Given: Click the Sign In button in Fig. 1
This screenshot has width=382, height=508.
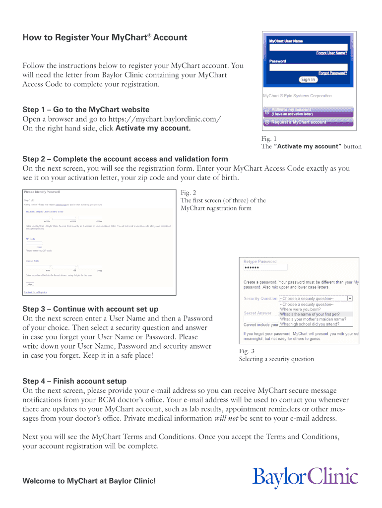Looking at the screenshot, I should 308,79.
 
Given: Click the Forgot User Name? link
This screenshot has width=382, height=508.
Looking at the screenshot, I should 331,53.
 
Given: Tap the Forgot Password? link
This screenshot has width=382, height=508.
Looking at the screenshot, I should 332,73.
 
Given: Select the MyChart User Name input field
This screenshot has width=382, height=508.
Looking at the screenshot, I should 308,48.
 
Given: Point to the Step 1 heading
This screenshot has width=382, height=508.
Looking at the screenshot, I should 86,109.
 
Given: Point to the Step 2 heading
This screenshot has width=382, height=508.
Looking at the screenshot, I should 125,159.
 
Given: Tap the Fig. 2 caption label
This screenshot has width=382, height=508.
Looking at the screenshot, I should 188,192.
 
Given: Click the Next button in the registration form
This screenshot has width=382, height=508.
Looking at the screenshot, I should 30,284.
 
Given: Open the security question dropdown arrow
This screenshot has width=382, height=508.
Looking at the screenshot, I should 350,299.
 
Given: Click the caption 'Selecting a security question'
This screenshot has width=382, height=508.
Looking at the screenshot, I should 276,359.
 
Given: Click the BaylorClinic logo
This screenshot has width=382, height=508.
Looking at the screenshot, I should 305,477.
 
